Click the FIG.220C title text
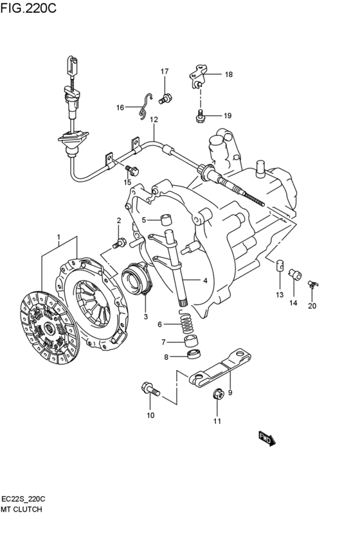28,8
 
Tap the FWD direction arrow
267,439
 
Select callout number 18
228,75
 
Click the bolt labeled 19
199,116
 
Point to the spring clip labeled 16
144,107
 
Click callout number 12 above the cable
154,120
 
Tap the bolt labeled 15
132,170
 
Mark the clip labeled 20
313,284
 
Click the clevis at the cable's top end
72,67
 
